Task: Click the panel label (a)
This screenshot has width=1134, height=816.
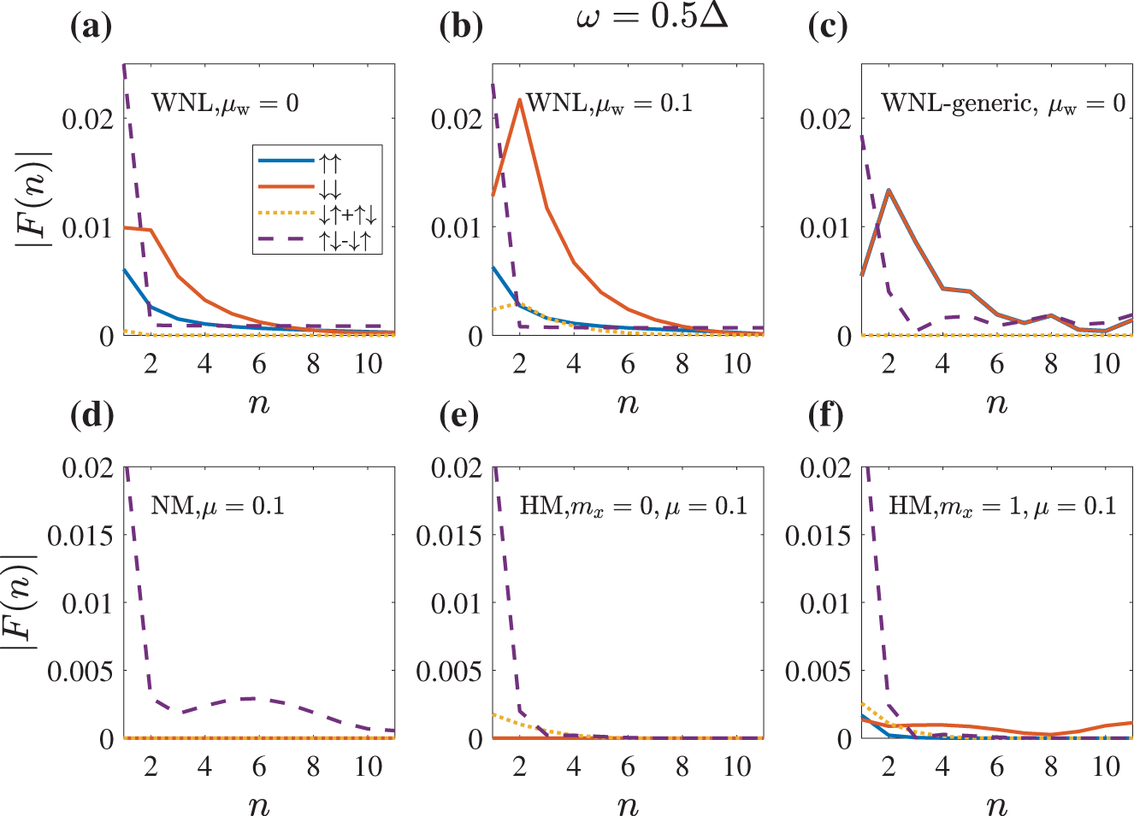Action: pos(92,26)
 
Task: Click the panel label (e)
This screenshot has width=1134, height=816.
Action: pos(460,415)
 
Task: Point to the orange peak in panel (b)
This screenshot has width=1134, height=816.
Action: pos(519,100)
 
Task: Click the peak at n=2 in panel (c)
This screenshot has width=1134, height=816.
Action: pos(889,190)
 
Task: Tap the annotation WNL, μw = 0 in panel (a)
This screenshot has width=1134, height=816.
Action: pos(225,104)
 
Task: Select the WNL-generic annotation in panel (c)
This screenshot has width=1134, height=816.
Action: pos(1002,104)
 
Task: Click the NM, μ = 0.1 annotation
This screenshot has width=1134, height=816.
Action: pos(217,506)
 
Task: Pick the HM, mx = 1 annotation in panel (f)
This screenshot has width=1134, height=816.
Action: pos(1002,506)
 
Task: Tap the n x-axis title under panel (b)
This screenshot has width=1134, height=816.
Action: pos(628,402)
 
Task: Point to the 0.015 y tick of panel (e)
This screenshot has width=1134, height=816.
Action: pos(449,536)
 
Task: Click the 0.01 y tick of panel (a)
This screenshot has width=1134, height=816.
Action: pos(87,228)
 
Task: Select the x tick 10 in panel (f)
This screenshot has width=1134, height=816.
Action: pos(1106,766)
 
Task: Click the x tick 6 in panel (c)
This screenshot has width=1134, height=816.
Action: pos(997,364)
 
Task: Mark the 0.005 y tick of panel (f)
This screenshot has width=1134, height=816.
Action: pos(818,672)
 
